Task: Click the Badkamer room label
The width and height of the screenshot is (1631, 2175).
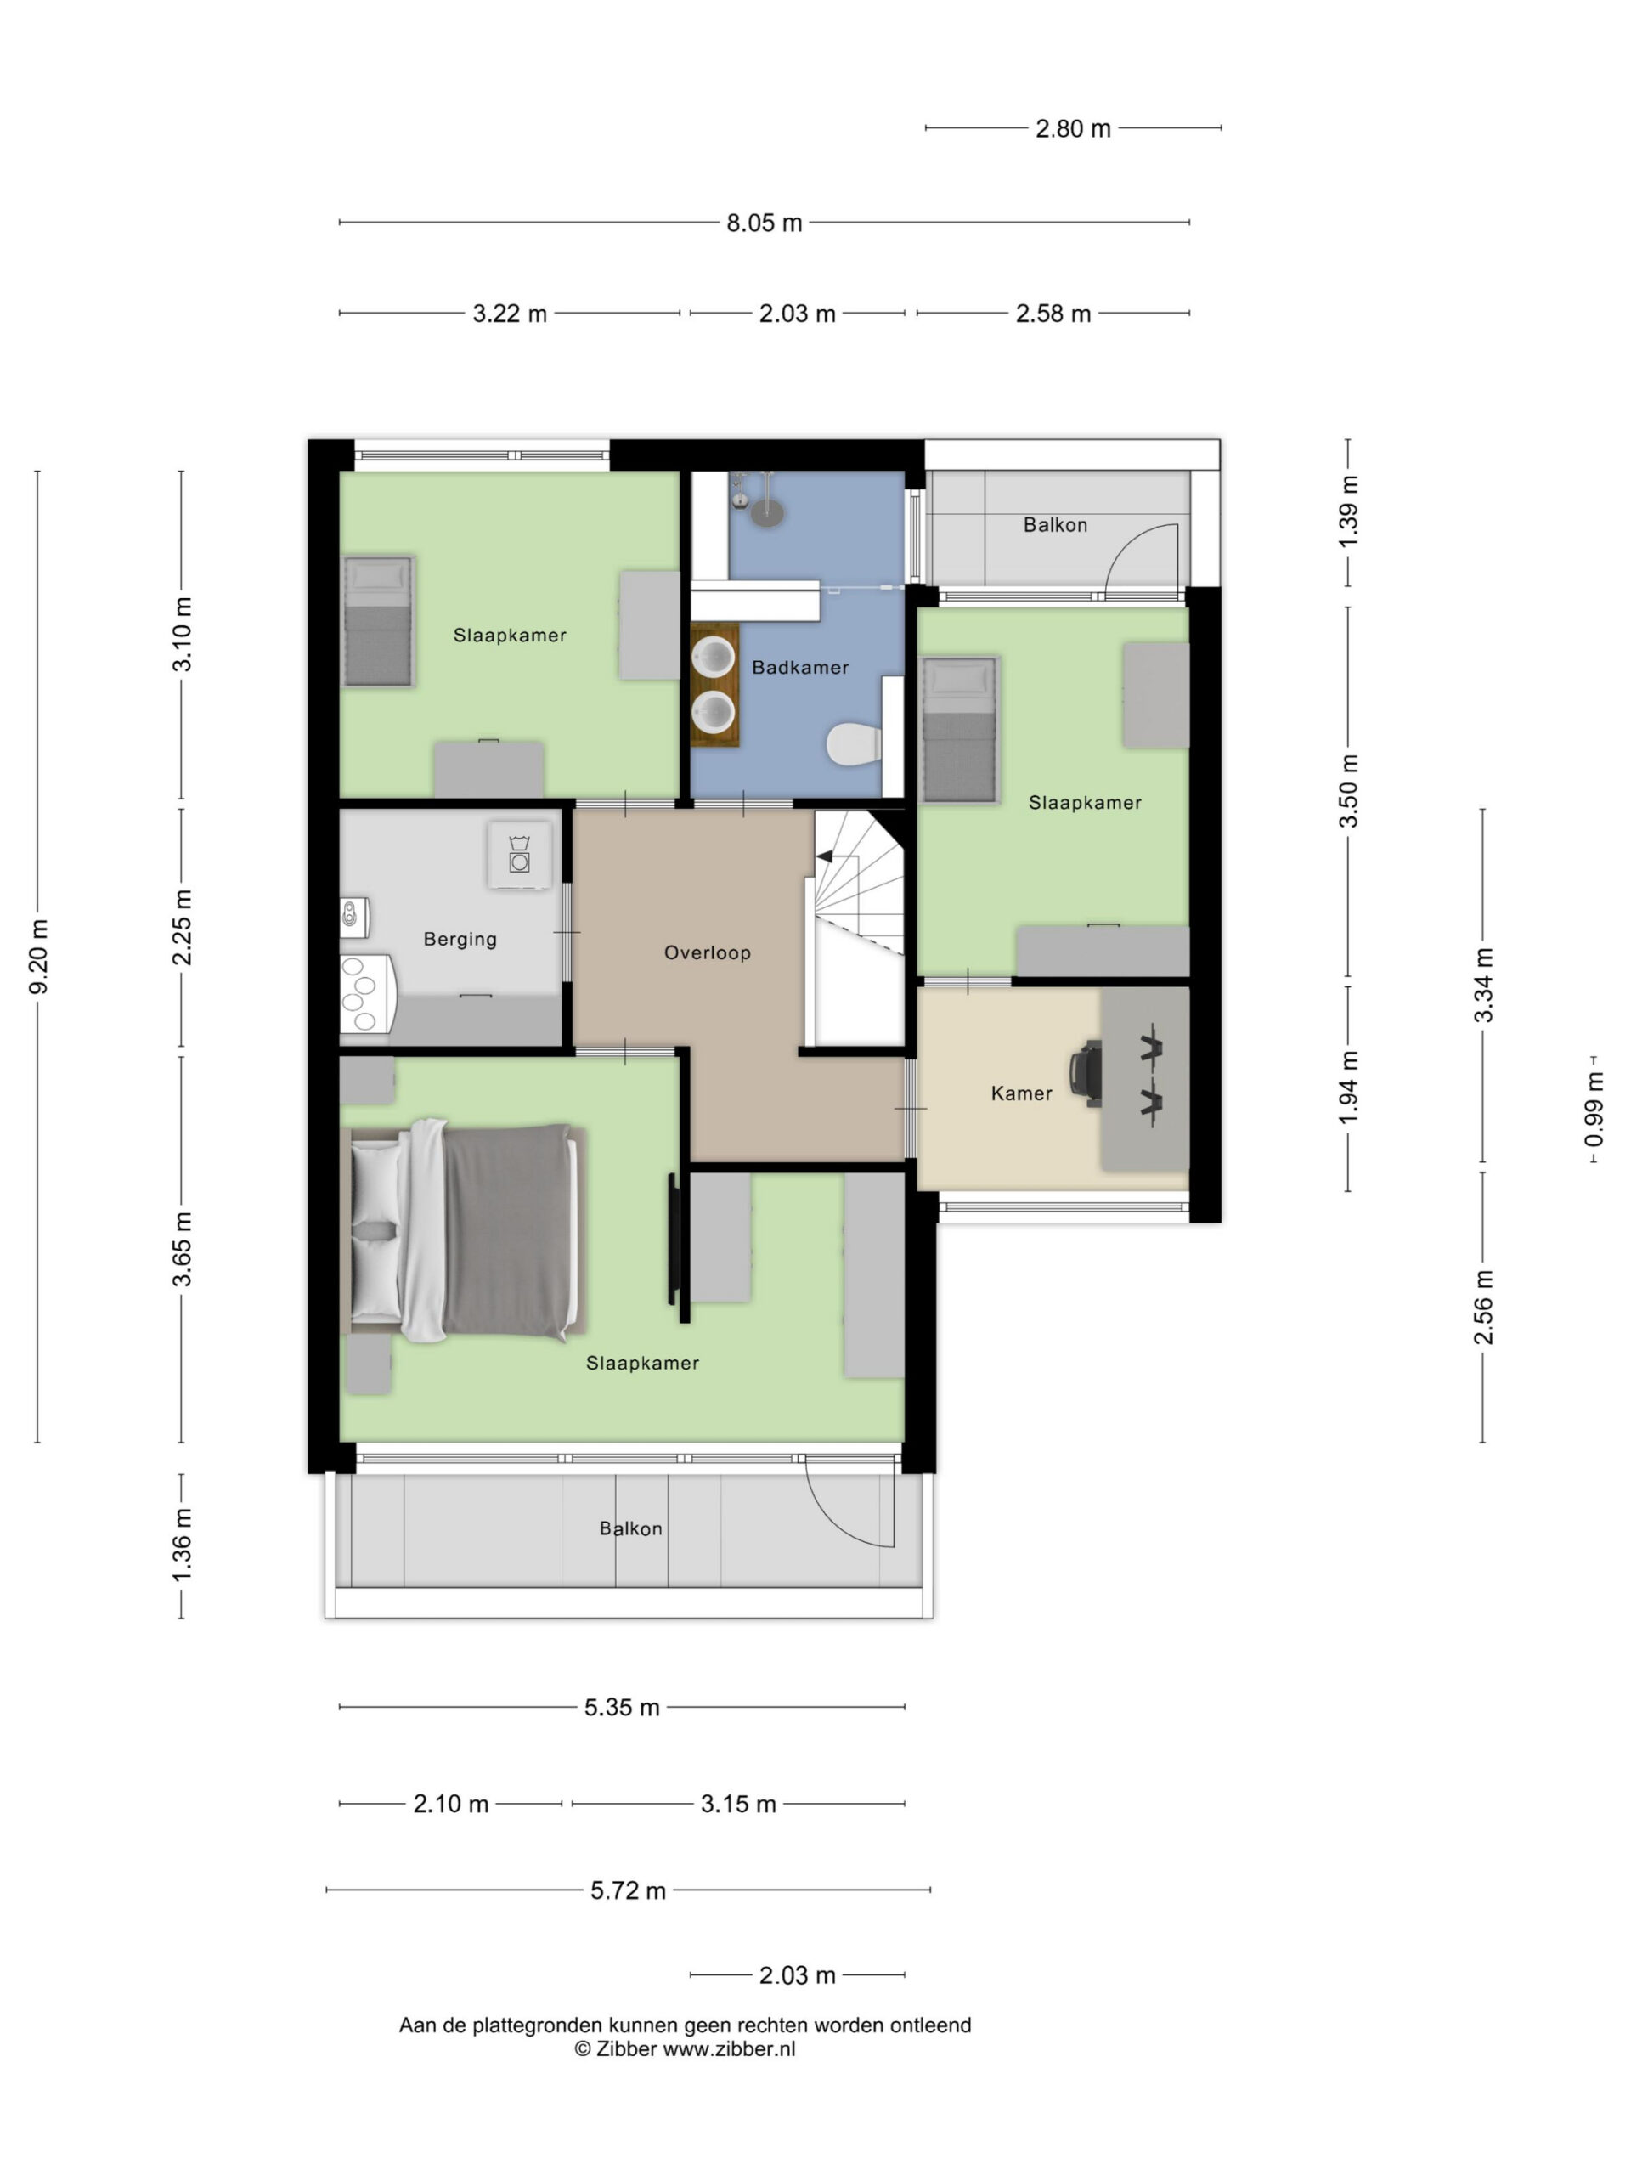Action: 799,668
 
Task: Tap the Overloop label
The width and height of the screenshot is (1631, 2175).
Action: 707,952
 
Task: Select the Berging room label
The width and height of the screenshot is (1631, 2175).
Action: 460,939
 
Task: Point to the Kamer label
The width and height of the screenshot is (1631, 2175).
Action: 1021,1093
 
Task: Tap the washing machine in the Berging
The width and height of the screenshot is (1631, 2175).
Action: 519,854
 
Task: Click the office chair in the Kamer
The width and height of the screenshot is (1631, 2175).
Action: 1087,1074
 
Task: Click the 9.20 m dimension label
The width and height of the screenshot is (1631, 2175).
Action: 38,956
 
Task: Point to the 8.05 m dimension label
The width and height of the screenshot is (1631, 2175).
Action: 764,223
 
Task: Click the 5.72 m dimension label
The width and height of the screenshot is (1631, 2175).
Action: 629,1890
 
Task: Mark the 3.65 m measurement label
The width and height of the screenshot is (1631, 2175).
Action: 182,1249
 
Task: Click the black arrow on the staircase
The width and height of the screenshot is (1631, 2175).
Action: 825,856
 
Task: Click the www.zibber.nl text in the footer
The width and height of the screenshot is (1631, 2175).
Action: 730,2048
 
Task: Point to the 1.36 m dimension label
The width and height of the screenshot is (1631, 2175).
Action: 182,1545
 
